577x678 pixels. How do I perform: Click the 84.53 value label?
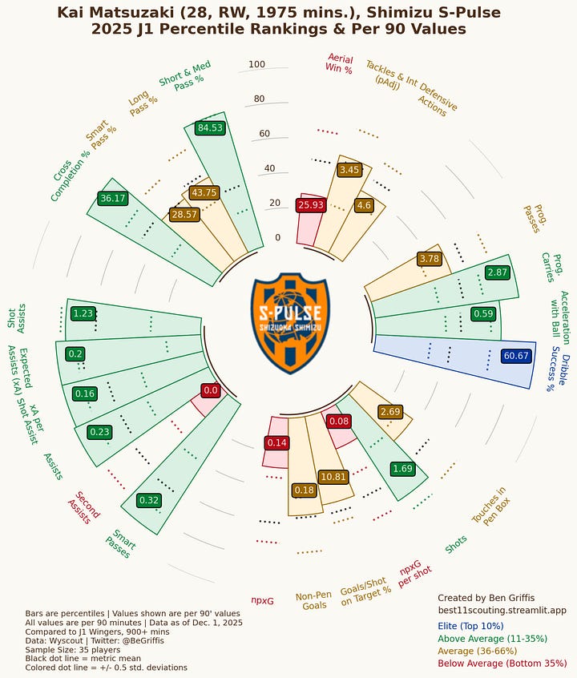211,127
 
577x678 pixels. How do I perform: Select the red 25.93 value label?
310,205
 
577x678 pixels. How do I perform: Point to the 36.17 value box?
112,198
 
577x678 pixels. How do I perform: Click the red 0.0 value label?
211,390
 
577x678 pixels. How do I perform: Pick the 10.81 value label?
333,477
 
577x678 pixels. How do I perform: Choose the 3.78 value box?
430,259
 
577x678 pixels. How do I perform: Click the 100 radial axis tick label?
256,65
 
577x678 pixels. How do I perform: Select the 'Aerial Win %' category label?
340,63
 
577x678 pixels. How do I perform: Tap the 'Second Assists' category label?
83,506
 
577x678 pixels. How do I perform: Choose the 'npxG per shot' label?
415,578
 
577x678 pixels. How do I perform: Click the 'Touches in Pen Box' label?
489,506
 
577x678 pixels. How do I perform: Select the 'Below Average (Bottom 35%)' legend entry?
502,664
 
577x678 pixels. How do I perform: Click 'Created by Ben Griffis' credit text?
486,598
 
